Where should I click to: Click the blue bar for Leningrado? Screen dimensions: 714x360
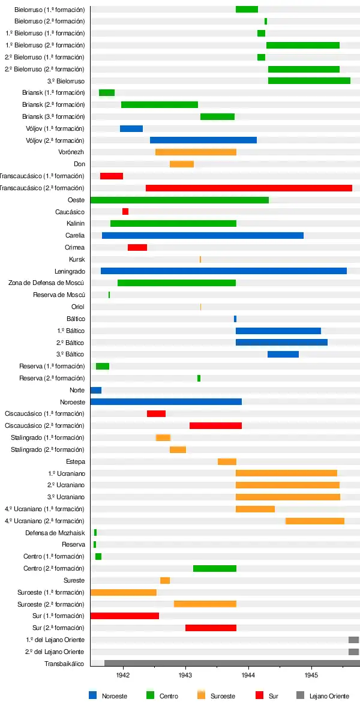[x=223, y=271]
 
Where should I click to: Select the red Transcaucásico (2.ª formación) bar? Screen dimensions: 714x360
[x=248, y=188]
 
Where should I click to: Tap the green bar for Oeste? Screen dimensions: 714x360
[x=179, y=200]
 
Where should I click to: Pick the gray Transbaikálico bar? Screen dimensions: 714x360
[x=232, y=663]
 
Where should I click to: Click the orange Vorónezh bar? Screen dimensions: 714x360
[x=196, y=152]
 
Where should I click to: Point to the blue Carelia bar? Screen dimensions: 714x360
[x=202, y=235]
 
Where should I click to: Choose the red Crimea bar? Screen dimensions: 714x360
[x=137, y=247]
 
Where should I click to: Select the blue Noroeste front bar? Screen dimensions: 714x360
[x=166, y=401]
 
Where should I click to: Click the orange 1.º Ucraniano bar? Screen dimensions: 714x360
[x=286, y=473]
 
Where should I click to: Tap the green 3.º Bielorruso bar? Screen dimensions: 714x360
[x=309, y=81]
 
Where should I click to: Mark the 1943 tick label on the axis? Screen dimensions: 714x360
[x=185, y=676]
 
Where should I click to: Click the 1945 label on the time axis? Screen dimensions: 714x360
[x=311, y=676]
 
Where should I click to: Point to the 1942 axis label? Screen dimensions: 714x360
[x=123, y=676]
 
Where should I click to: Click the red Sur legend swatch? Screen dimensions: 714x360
[x=260, y=695]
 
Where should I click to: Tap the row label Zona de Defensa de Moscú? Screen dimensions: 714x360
[x=46, y=283]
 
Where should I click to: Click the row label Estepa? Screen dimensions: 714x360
[x=75, y=461]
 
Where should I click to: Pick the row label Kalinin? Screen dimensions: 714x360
[x=75, y=224]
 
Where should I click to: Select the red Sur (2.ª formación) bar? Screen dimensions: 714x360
[x=211, y=628]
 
